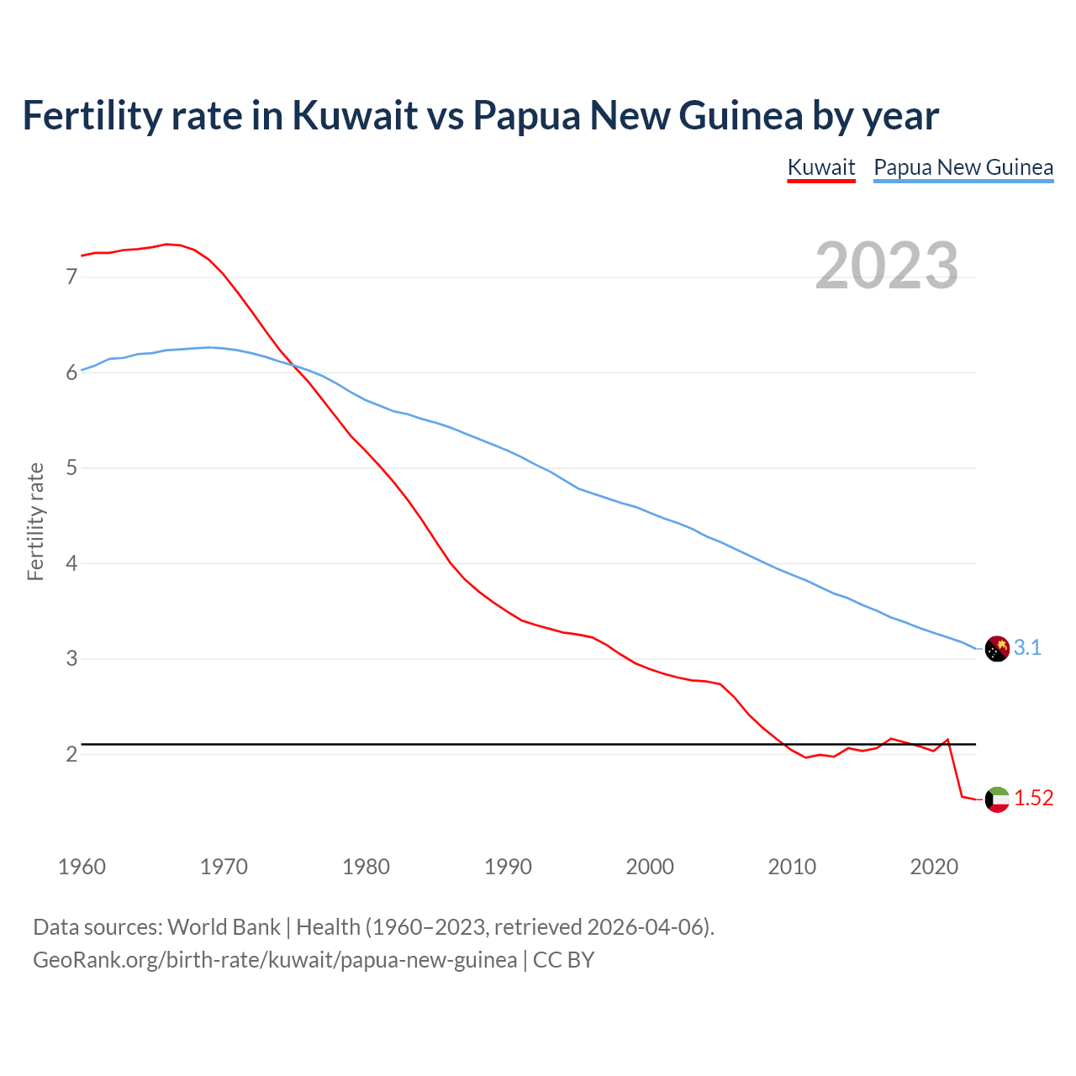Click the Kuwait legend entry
pos(821,167)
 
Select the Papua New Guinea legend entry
pos(963,167)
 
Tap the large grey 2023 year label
pos(886,266)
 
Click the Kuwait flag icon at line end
pos(997,799)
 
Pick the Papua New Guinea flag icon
pos(997,649)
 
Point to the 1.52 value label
pos(1033,799)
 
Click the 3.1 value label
pos(1027,648)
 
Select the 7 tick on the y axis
pos(71,277)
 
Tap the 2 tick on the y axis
pos(71,755)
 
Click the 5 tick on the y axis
pos(71,468)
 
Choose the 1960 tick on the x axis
pos(82,867)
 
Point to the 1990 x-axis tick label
pos(508,867)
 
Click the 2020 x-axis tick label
pos(934,867)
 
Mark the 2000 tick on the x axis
pos(650,867)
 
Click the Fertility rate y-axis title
pos(35,521)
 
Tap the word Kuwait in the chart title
pos(355,115)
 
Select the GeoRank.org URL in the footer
pos(275,960)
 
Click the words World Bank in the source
pos(224,927)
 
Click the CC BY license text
pos(563,960)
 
